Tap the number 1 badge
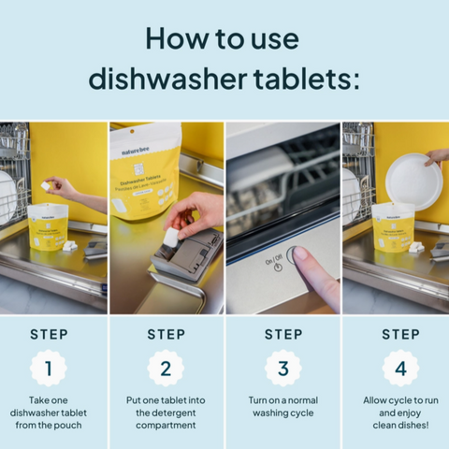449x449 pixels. pyautogui.click(x=48, y=368)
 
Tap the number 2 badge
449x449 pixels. pyautogui.click(x=166, y=368)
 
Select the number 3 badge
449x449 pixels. pyautogui.click(x=283, y=368)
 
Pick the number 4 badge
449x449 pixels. pyautogui.click(x=400, y=368)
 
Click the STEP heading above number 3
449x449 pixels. pyautogui.click(x=283, y=334)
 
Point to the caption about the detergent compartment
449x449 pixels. pyautogui.click(x=166, y=413)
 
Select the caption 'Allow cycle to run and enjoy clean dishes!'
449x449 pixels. pyautogui.click(x=400, y=413)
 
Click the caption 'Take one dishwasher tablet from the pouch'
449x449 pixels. pyautogui.click(x=48, y=413)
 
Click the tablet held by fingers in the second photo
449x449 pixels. pyautogui.click(x=170, y=239)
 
